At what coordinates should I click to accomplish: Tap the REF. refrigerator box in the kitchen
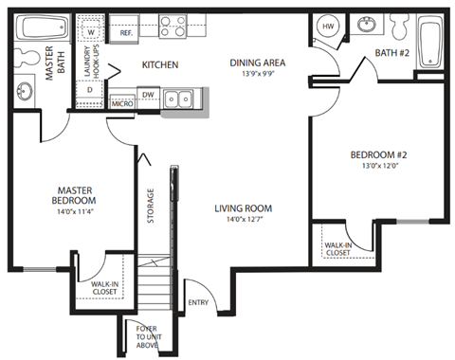(125, 32)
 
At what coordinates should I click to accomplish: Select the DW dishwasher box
(148, 95)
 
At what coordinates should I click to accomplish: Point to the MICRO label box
(121, 103)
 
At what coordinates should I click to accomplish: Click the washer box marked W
(91, 32)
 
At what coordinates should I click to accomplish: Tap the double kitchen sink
(176, 98)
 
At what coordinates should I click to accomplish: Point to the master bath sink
(24, 92)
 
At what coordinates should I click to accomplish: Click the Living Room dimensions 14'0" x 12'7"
(245, 221)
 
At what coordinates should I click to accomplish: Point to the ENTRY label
(197, 303)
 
